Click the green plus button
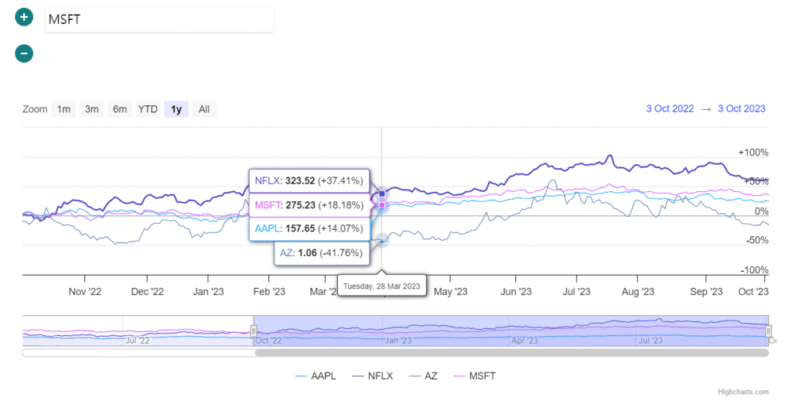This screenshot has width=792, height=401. click(x=24, y=18)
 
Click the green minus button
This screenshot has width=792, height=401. click(x=24, y=53)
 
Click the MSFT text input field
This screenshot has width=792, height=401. click(x=159, y=20)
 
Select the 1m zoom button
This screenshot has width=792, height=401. click(x=63, y=109)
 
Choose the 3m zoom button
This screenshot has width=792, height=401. click(x=91, y=109)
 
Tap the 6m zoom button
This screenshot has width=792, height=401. click(x=119, y=109)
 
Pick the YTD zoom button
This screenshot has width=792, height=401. click(x=148, y=109)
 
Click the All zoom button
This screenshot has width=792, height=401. click(x=204, y=109)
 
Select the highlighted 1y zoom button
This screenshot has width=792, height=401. click(x=176, y=109)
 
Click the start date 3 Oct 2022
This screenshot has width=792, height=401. click(x=670, y=108)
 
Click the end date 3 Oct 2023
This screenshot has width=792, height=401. click(x=741, y=108)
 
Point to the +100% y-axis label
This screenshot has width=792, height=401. click(x=753, y=152)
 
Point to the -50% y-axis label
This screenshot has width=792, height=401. click(x=755, y=240)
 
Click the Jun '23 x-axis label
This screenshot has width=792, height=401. click(x=516, y=292)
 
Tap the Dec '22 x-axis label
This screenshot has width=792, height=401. click(x=147, y=292)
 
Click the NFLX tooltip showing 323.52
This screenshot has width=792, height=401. click(x=309, y=181)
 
